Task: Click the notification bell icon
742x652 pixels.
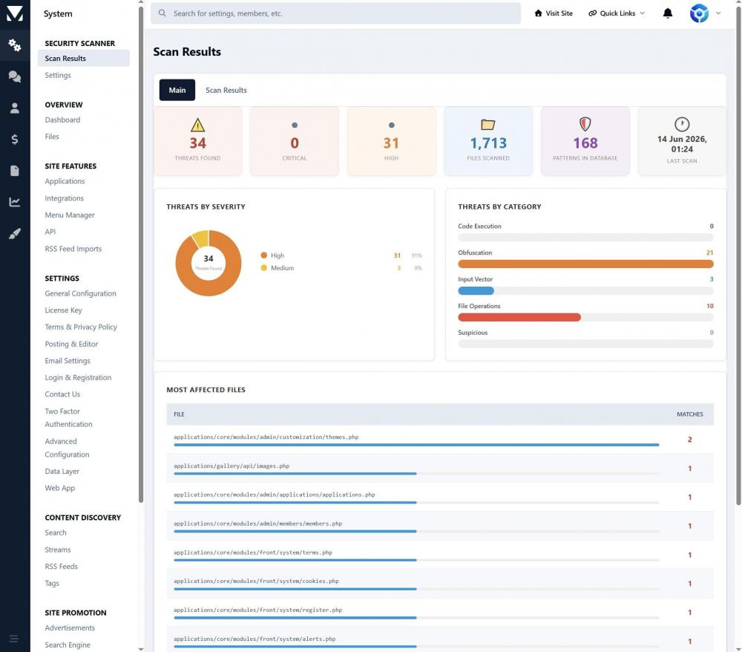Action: point(667,13)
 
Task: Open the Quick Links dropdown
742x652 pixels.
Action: point(617,13)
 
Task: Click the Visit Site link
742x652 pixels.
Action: point(554,13)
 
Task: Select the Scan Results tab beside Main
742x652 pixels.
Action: point(226,90)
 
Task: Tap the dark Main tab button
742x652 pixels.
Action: point(177,90)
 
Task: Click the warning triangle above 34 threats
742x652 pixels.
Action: point(198,125)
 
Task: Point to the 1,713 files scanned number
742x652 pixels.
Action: point(488,143)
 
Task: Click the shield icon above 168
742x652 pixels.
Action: point(585,124)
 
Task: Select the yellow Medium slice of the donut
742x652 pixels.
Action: point(201,238)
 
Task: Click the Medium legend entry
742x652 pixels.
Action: point(278,268)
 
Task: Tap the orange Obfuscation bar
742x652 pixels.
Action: point(585,264)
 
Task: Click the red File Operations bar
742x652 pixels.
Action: point(519,317)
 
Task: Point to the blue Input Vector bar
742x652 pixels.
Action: point(476,290)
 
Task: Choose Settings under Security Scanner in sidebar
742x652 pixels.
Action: point(58,75)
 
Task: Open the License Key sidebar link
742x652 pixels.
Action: point(63,310)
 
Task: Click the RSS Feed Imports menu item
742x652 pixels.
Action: point(73,249)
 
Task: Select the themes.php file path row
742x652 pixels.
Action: point(266,437)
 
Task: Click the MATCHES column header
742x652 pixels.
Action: point(689,414)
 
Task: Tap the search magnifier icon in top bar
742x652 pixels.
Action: point(162,13)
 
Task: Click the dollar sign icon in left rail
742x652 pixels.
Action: point(15,139)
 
